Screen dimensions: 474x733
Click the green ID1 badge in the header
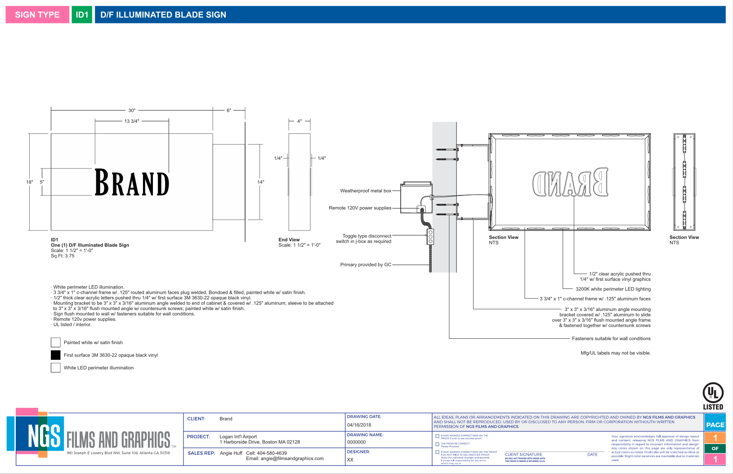pyautogui.click(x=82, y=15)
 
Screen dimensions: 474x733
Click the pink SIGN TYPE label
pyautogui.click(x=37, y=15)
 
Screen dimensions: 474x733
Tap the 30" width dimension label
pyautogui.click(x=132, y=110)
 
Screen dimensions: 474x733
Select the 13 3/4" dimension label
pyautogui.click(x=132, y=121)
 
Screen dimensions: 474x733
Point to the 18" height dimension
pyautogui.click(x=30, y=182)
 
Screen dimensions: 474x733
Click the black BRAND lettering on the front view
pyautogui.click(x=132, y=182)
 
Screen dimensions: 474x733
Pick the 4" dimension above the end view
pyautogui.click(x=299, y=121)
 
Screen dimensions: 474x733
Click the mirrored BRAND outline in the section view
pyautogui.click(x=570, y=183)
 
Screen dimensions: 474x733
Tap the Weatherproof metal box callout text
pyautogui.click(x=366, y=191)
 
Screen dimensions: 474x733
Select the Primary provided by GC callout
pyautogui.click(x=366, y=265)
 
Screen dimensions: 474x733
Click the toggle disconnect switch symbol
pyautogui.click(x=430, y=236)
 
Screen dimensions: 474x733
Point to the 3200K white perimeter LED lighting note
pyautogui.click(x=613, y=289)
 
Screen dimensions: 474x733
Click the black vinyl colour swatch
pyautogui.click(x=56, y=355)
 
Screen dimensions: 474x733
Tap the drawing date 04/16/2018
pyautogui.click(x=359, y=425)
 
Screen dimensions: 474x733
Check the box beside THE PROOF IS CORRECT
pyautogui.click(x=438, y=444)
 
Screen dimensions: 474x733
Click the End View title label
pyautogui.click(x=289, y=239)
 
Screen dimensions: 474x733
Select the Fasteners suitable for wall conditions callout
pyautogui.click(x=611, y=338)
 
